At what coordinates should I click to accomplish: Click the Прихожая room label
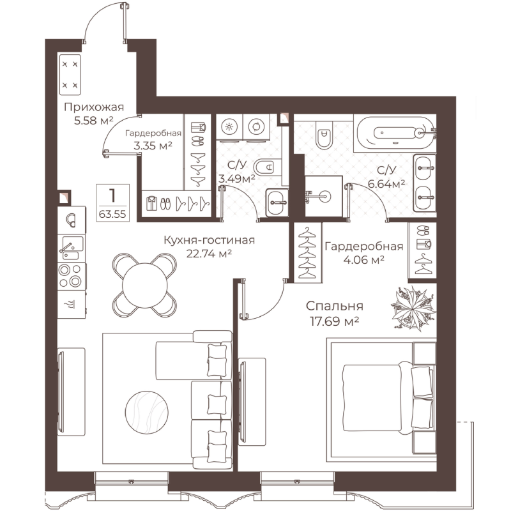[94, 107]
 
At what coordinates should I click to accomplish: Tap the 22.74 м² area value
[209, 254]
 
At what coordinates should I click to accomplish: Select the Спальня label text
[334, 306]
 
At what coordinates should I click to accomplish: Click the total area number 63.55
[112, 214]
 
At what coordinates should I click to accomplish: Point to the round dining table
[145, 285]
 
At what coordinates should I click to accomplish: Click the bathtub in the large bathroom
[395, 133]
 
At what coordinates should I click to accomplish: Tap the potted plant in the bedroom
[413, 309]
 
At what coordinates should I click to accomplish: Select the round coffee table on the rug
[147, 413]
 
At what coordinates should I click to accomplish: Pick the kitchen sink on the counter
[72, 248]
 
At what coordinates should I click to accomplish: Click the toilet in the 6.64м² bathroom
[324, 135]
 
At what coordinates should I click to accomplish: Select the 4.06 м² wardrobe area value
[363, 260]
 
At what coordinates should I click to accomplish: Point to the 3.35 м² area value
[153, 146]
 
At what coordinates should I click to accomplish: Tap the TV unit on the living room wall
[72, 392]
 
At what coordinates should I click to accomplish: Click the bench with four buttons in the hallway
[70, 75]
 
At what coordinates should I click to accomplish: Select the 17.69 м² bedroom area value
[334, 322]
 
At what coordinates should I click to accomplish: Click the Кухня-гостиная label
[209, 241]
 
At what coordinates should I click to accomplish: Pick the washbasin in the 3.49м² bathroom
[277, 202]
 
